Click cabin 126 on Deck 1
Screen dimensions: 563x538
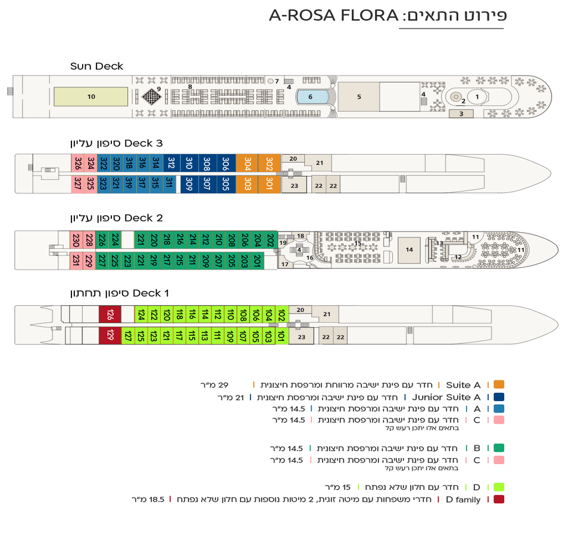click(110, 314)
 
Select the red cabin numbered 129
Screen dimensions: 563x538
click(110, 336)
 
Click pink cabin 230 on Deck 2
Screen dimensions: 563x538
click(76, 240)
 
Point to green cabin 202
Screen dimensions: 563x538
click(270, 240)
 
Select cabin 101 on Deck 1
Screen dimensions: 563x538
click(282, 336)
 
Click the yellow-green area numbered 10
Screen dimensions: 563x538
click(91, 96)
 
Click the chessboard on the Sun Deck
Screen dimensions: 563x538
click(152, 96)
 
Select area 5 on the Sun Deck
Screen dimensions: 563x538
click(359, 96)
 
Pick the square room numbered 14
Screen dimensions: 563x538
click(409, 250)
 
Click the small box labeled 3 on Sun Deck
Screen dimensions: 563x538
click(461, 114)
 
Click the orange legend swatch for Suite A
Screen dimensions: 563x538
click(499, 384)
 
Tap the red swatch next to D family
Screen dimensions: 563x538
click(499, 499)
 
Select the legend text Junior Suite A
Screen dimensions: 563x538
click(446, 397)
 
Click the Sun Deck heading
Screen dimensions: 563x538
click(96, 66)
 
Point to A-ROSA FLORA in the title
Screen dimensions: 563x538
click(333, 15)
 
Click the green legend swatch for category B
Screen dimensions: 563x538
click(499, 448)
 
